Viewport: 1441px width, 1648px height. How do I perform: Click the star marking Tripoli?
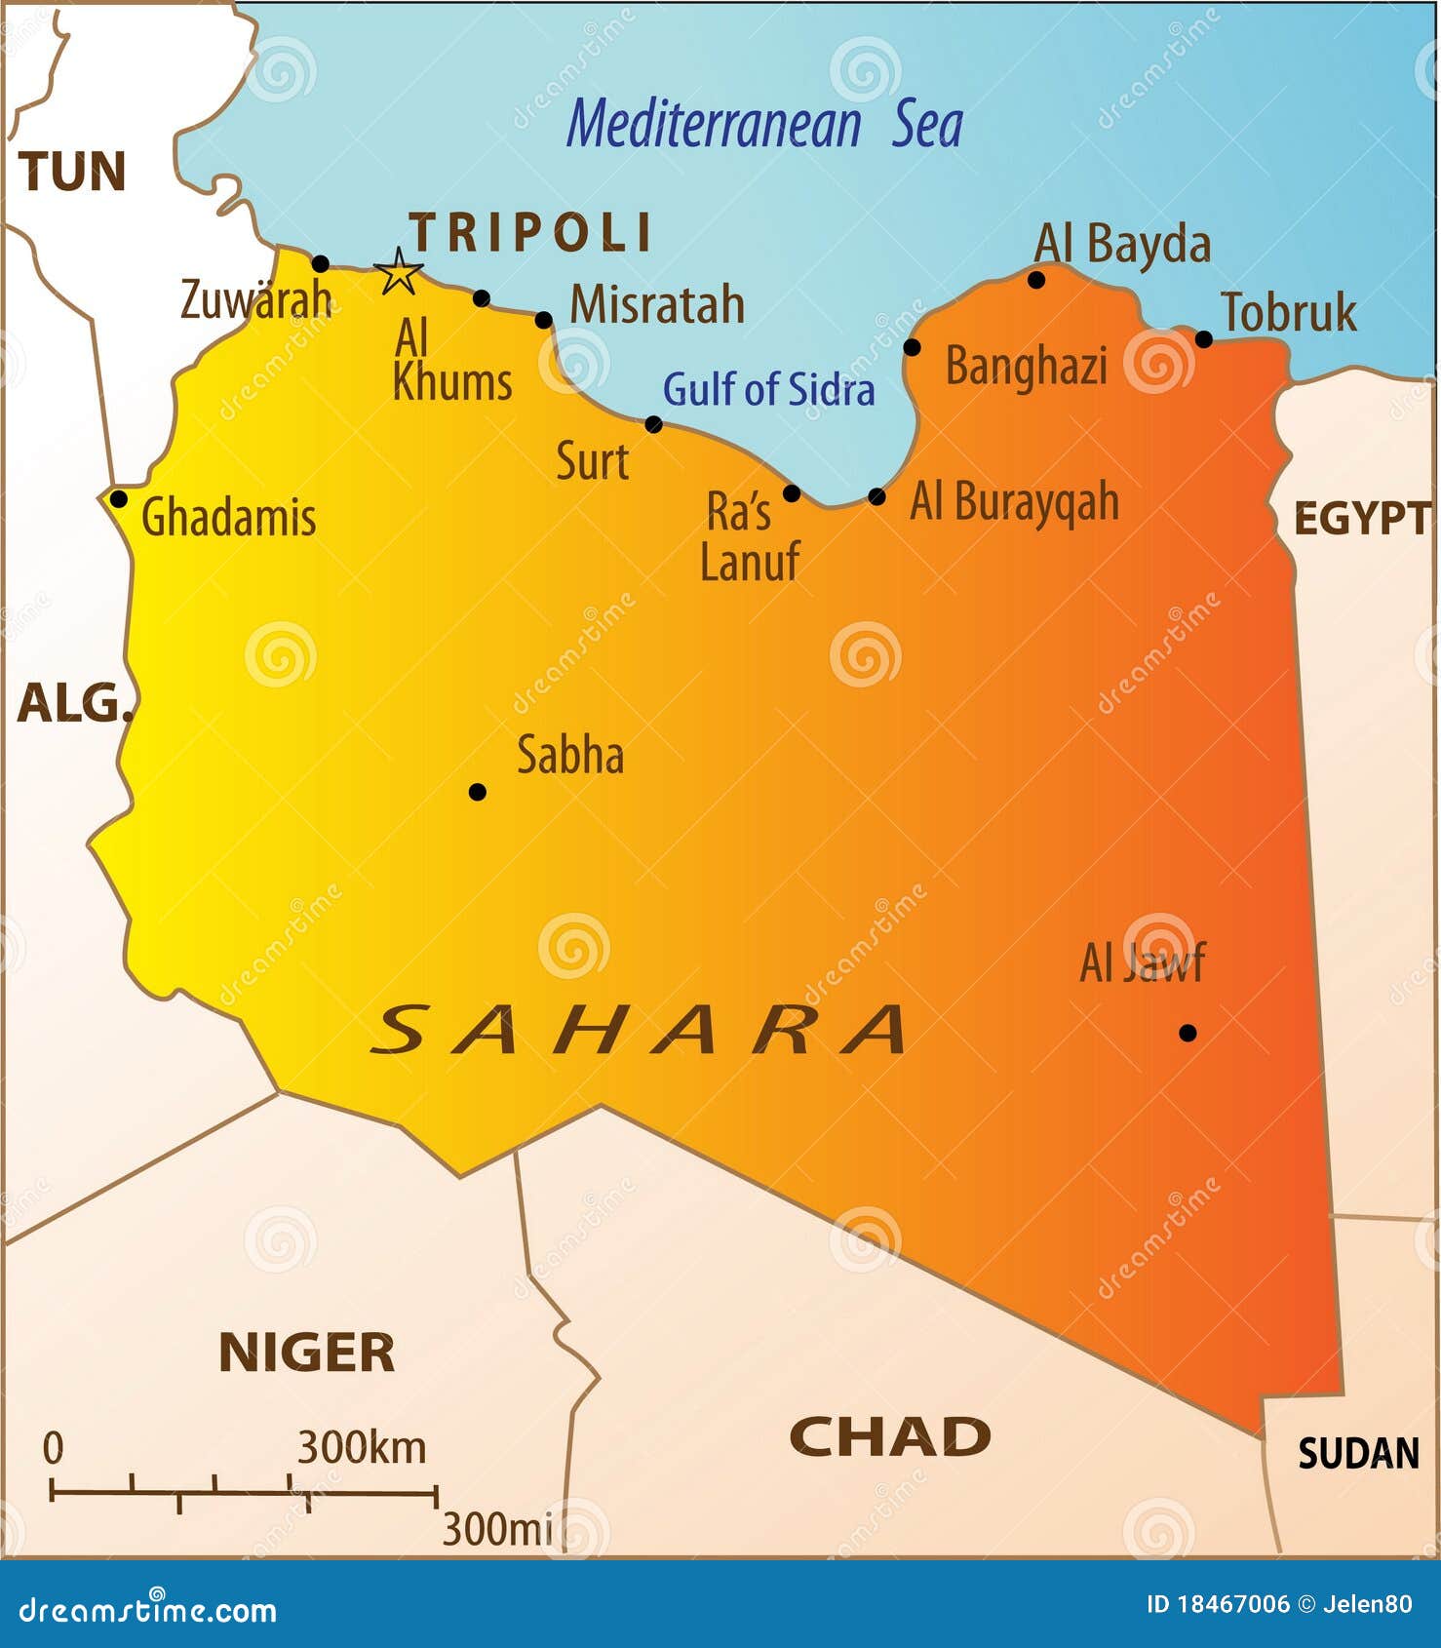click(x=399, y=272)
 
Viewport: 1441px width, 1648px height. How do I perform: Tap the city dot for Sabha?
click(x=477, y=792)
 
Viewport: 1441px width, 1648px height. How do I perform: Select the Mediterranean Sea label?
click(x=765, y=125)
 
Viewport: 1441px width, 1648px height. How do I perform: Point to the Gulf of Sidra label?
click(x=768, y=390)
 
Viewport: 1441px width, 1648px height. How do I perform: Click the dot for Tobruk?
click(x=1204, y=339)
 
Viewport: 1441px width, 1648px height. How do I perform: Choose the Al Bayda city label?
click(x=1121, y=244)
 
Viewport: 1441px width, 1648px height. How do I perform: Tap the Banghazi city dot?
click(x=912, y=347)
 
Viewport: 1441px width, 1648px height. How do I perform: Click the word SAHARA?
click(x=639, y=1031)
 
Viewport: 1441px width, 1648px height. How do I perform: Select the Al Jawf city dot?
click(x=1188, y=1033)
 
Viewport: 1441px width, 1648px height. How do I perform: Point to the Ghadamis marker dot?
click(x=118, y=499)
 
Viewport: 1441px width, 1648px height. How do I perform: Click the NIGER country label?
click(x=306, y=1353)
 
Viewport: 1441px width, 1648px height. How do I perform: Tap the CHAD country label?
click(x=889, y=1437)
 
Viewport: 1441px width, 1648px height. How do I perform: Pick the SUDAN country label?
click(x=1358, y=1454)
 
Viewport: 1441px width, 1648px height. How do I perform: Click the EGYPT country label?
click(x=1361, y=519)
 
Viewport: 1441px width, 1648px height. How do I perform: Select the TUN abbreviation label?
click(x=72, y=172)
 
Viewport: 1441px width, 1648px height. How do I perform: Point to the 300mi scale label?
click(x=497, y=1529)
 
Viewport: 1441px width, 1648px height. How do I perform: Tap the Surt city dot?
click(x=653, y=424)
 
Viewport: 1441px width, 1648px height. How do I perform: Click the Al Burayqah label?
click(x=1014, y=502)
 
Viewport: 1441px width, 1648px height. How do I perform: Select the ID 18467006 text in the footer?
click(x=1217, y=1604)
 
